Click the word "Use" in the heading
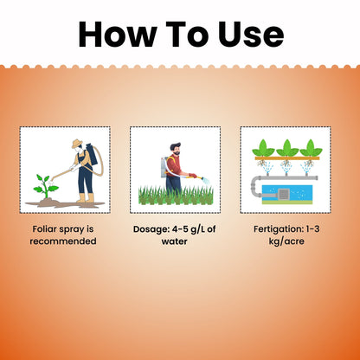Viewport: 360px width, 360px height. [250, 34]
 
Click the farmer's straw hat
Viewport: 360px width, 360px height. [77, 144]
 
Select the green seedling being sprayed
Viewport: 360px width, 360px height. [46, 186]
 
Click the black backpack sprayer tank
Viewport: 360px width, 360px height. [92, 154]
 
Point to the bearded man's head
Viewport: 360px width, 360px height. [176, 149]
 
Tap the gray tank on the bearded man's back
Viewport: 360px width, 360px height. [164, 167]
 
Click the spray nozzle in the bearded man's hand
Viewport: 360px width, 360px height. [206, 181]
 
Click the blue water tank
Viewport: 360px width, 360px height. [287, 194]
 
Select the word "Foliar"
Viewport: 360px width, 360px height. [45, 229]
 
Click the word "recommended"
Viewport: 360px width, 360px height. [63, 241]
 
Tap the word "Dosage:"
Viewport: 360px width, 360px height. [151, 229]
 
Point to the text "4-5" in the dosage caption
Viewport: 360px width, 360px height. [180, 229]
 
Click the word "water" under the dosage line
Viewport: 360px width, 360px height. [175, 241]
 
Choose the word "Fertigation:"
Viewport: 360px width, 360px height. [279, 229]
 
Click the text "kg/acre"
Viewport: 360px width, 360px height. [286, 241]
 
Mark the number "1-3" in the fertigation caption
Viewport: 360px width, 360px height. [313, 229]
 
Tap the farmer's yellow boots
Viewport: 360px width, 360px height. [86, 198]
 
